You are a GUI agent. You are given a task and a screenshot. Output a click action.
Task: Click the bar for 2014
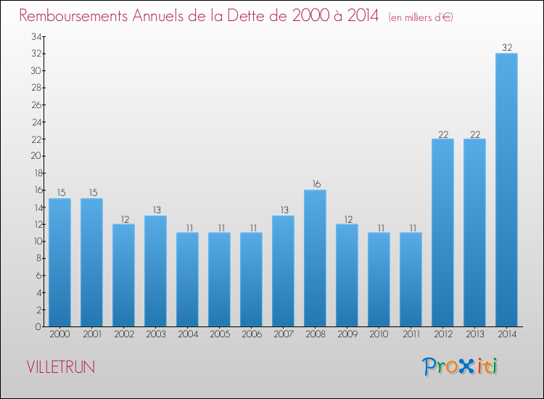coord(506,189)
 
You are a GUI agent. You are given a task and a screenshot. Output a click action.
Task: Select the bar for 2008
coord(315,258)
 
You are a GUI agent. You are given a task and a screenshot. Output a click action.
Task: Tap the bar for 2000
coord(59,262)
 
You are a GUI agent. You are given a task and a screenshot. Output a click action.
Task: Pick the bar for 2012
coord(442,232)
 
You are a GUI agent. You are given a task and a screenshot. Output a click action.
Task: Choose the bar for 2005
coord(219,279)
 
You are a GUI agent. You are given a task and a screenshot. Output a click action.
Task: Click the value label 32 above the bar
coord(506,48)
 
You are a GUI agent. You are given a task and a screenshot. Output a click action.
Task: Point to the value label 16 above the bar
coord(315,184)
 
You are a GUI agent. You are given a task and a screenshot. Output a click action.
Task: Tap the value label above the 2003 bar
coord(155,210)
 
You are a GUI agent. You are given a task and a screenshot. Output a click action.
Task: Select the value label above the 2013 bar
coord(474,133)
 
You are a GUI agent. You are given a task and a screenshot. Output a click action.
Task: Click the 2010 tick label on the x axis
coord(379,335)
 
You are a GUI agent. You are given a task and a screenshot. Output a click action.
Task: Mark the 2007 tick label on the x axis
coord(283,335)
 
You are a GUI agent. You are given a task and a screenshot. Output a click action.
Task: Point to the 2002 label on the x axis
coord(123,335)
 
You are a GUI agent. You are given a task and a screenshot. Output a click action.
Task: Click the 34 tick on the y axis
coord(36,36)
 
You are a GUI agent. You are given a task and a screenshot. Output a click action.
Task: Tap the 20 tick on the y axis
coord(36,156)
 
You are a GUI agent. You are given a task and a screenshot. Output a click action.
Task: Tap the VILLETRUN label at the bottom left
coord(60,367)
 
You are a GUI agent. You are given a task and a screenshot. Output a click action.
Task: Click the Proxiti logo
coord(461,366)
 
